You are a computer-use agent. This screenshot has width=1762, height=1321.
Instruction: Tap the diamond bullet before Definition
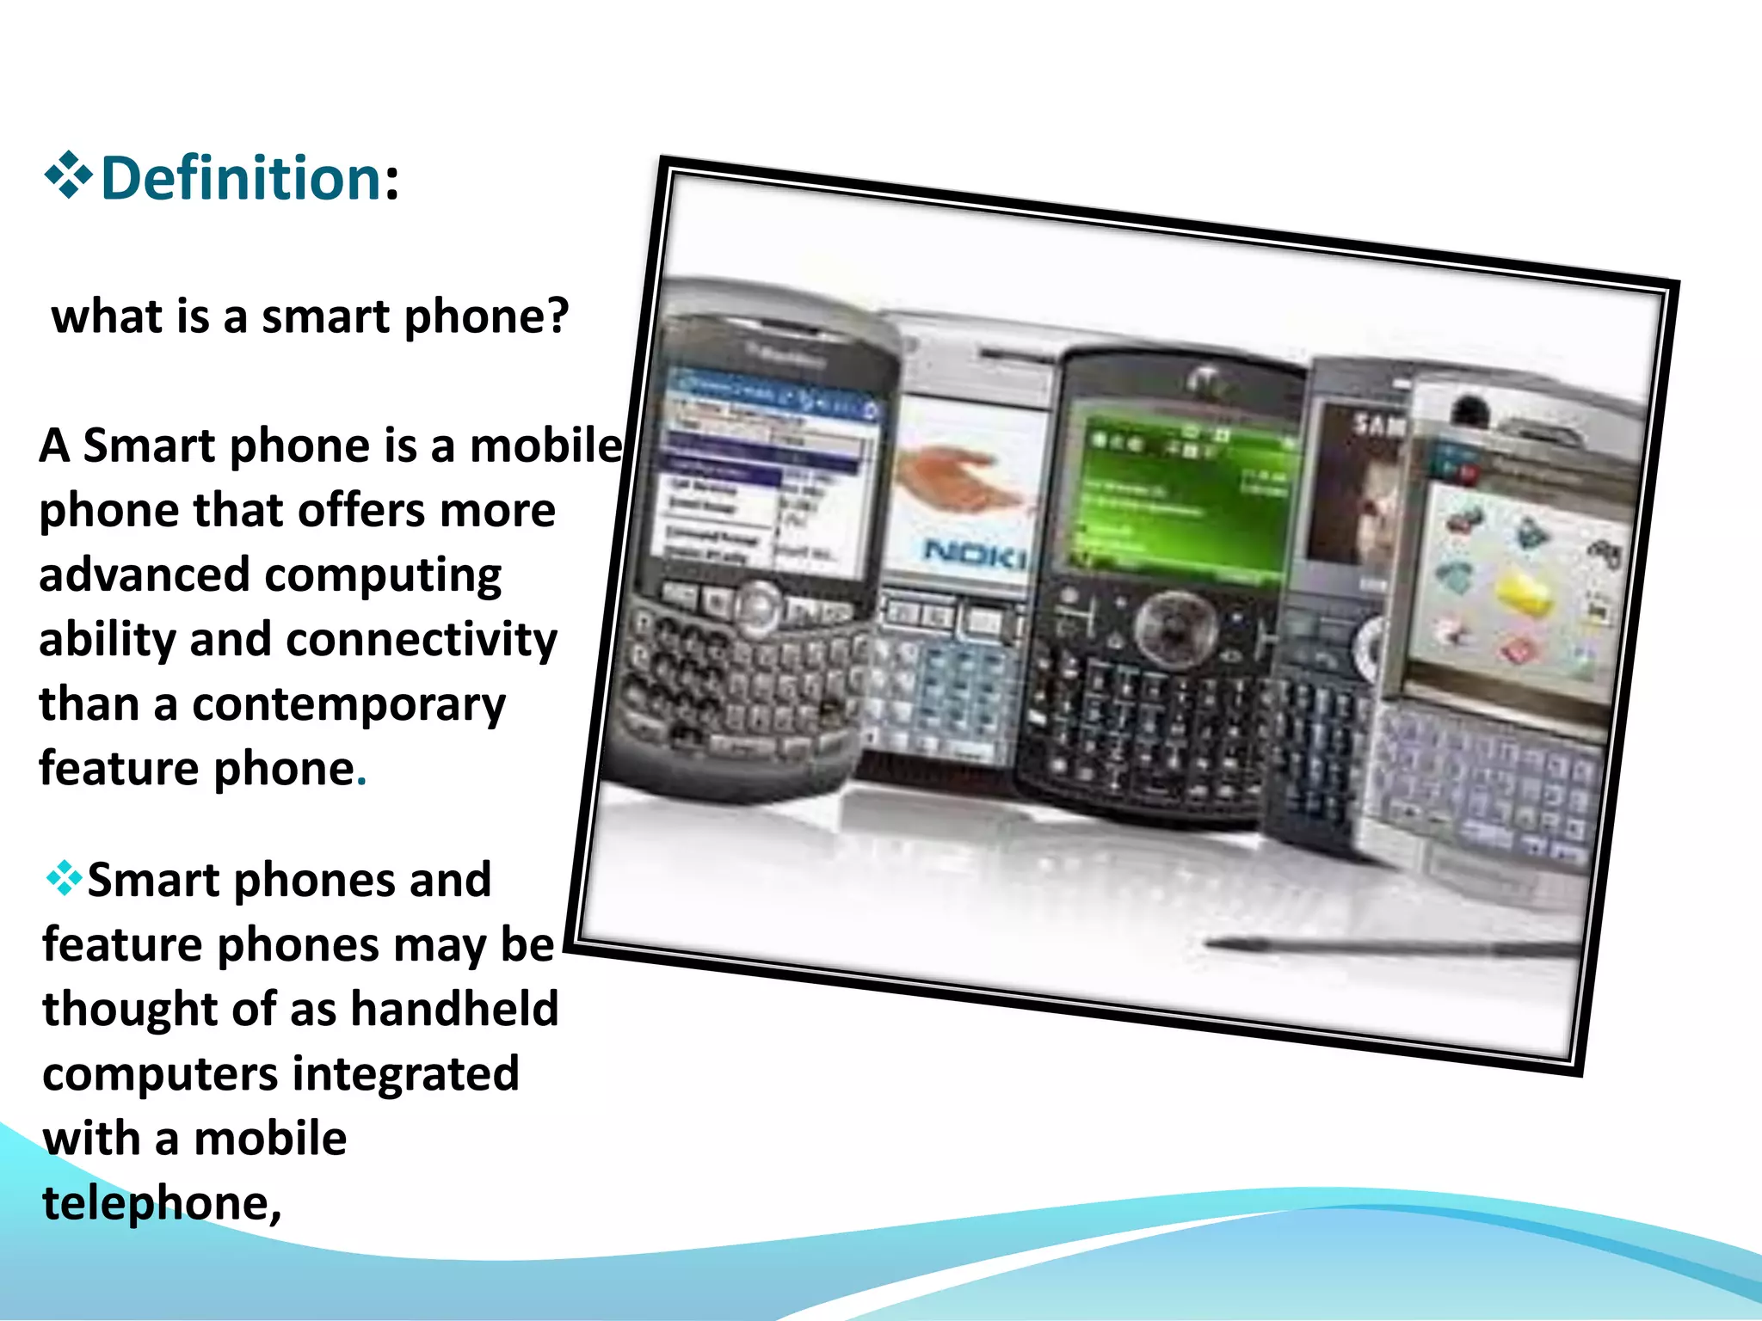pyautogui.click(x=68, y=175)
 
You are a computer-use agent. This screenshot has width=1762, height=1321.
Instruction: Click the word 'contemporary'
pyautogui.click(x=348, y=705)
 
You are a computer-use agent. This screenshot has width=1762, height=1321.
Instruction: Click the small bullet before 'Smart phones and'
pyautogui.click(x=64, y=879)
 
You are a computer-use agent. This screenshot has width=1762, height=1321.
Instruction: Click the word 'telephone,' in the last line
pyautogui.click(x=162, y=1202)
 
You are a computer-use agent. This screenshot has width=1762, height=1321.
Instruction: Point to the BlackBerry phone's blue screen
pyautogui.click(x=766, y=473)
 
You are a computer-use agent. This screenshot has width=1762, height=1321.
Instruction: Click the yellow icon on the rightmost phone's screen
pyautogui.click(x=1523, y=593)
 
